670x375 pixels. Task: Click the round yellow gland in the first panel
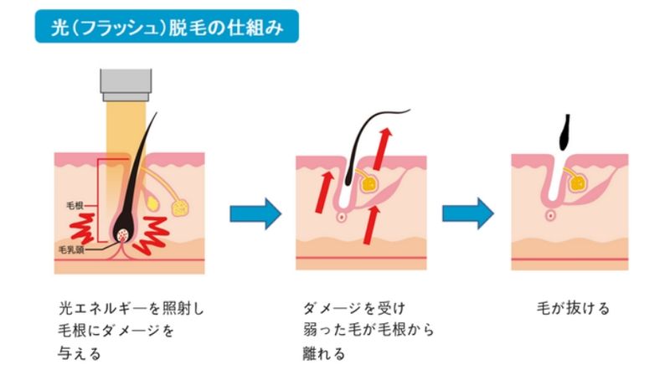[179, 203]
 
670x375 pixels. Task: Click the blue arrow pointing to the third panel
[467, 213]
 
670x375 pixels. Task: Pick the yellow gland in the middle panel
[369, 180]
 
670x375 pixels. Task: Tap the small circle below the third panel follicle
[550, 215]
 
